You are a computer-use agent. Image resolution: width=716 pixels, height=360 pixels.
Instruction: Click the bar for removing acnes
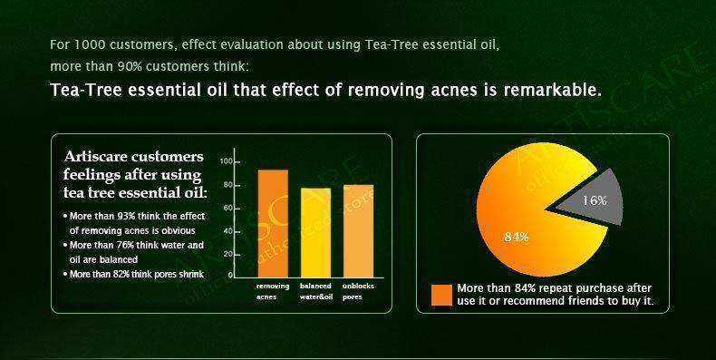273,221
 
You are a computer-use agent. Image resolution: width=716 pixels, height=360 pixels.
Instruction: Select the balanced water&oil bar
315,230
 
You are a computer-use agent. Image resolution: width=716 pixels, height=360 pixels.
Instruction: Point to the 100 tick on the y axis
226,161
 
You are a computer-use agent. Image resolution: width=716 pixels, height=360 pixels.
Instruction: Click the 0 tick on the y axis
230,274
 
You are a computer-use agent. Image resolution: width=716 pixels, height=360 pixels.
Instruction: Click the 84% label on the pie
517,237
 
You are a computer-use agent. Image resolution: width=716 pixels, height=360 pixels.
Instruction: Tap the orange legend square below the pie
441,295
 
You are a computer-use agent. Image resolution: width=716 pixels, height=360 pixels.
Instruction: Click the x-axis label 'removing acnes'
272,290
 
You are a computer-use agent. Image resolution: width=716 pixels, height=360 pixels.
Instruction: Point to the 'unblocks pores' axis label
358,290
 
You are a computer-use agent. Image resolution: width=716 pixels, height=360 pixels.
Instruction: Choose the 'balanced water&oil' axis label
315,290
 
